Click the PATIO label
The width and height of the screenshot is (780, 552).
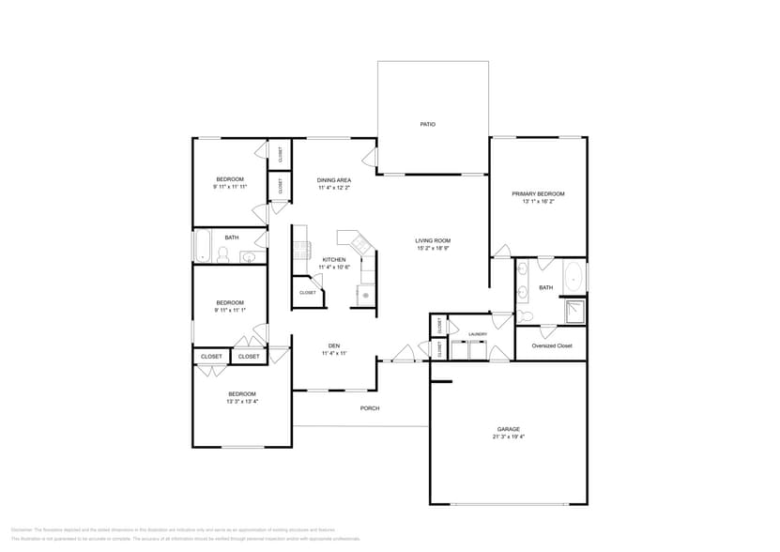click(427, 124)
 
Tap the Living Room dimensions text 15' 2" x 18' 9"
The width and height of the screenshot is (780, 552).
click(433, 248)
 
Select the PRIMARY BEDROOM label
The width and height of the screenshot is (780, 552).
click(538, 193)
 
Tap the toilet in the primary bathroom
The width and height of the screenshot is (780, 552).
click(526, 316)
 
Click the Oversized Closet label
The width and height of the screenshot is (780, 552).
click(551, 345)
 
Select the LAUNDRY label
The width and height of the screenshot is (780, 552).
click(478, 333)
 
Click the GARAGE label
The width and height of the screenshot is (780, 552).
click(508, 429)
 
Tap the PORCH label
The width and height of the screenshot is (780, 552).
click(370, 408)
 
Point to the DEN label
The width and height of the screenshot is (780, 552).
click(333, 345)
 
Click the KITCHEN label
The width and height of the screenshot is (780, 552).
click(334, 259)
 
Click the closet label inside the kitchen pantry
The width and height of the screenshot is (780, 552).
click(308, 293)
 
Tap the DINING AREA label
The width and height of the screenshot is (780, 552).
click(334, 180)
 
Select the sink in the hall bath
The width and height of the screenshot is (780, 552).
click(250, 257)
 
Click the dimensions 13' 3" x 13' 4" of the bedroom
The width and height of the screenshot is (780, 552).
click(241, 401)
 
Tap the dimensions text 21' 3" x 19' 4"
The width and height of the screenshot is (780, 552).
click(508, 437)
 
